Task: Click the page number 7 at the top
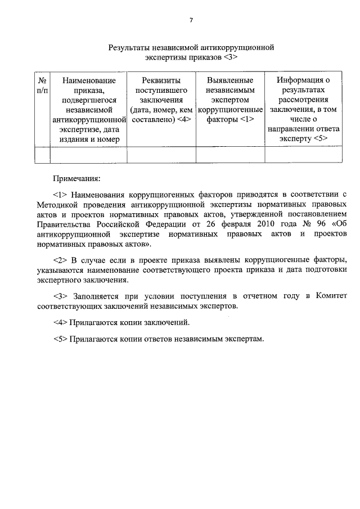point(191,20)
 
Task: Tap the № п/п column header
point(42,85)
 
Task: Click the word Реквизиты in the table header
point(161,80)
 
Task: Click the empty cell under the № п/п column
point(42,154)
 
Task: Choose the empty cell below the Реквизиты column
point(161,154)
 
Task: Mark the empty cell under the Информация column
point(304,154)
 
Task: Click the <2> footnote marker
point(60,260)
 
